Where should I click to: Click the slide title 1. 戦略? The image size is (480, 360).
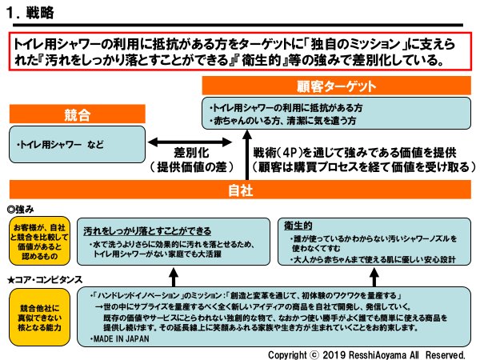pos(34,14)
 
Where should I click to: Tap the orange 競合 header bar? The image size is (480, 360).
pos(73,114)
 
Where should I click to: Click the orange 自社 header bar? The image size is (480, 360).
pos(240,190)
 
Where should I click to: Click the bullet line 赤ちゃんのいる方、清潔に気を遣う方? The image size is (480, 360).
pos(281,121)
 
